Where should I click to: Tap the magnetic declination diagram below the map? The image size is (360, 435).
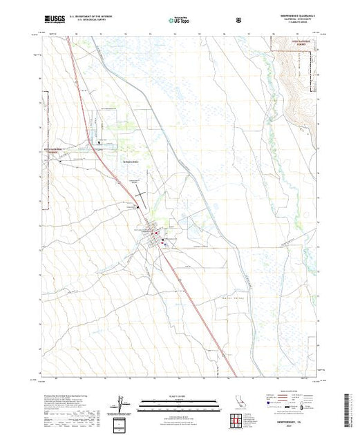click(x=122, y=403)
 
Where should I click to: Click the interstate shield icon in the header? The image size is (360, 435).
click(x=239, y=20)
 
